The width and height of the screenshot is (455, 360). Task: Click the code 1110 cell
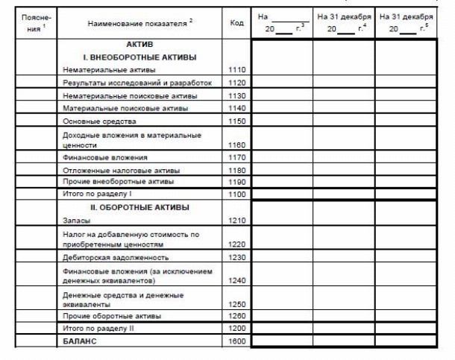237,69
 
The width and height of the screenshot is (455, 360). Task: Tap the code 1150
237,121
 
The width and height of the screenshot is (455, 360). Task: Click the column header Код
237,24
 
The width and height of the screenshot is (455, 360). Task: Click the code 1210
237,221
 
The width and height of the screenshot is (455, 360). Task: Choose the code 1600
237,341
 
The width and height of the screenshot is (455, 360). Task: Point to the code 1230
237,257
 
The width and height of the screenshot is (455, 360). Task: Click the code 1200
237,328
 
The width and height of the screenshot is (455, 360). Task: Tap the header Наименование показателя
138,24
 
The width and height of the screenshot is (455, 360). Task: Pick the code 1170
237,157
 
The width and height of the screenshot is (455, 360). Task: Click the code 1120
237,82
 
